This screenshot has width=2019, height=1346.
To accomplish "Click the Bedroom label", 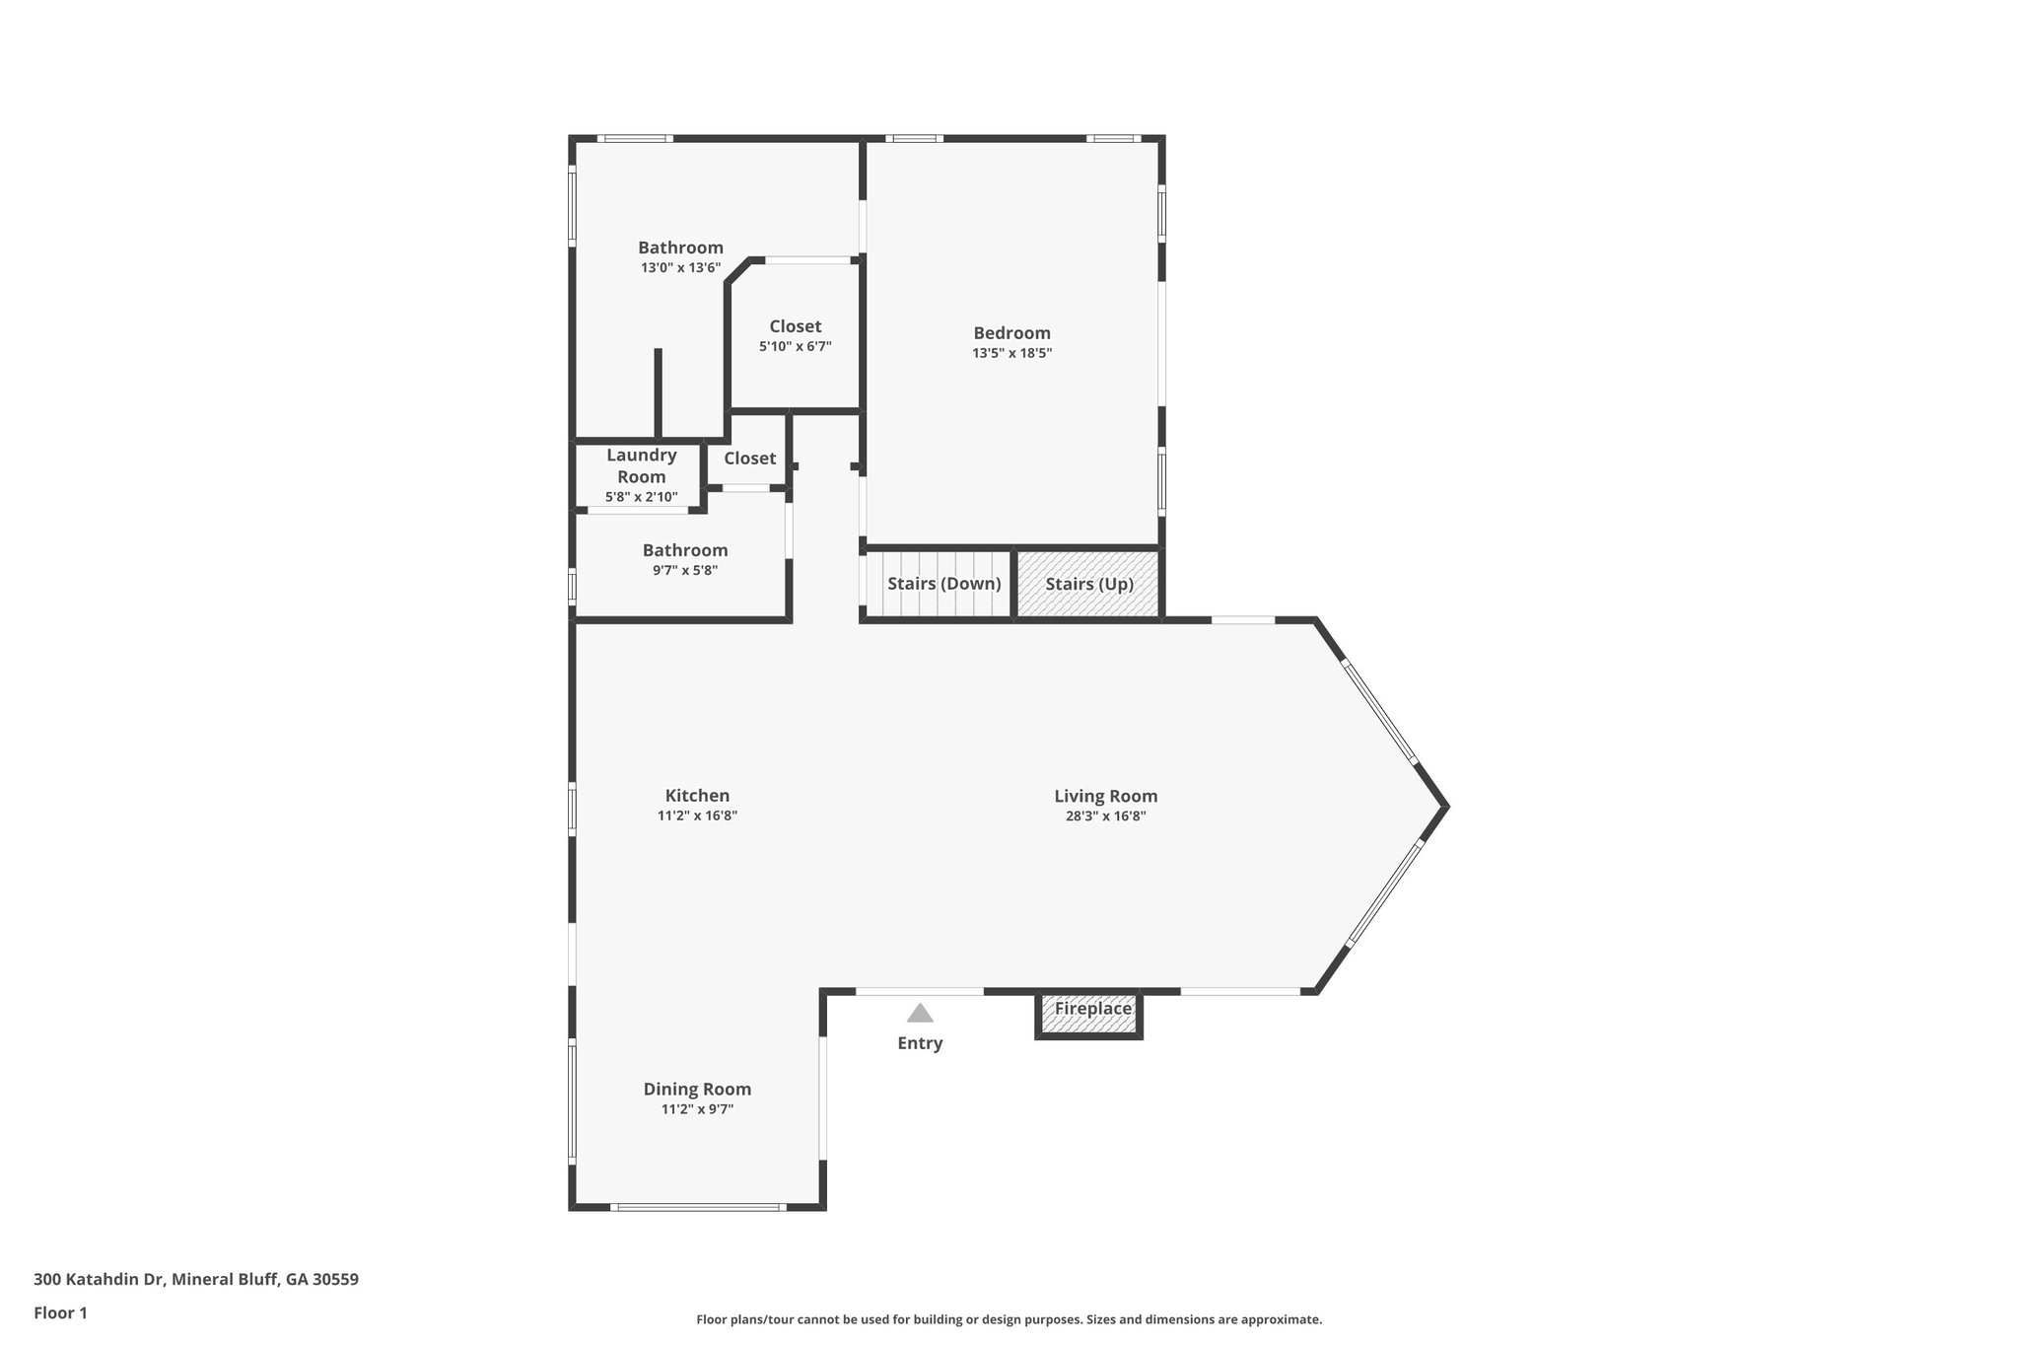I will click(x=1011, y=333).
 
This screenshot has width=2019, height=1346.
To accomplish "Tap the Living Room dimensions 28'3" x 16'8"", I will click(x=1105, y=816).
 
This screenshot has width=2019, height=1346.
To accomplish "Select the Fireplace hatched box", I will click(x=1088, y=1015).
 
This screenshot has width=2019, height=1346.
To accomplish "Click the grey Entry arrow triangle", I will click(x=920, y=1014).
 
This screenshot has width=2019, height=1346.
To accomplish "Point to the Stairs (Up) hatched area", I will click(x=1088, y=584).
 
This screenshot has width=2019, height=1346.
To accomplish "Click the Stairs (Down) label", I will click(x=943, y=584).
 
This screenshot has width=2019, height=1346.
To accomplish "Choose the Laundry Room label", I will click(x=641, y=465).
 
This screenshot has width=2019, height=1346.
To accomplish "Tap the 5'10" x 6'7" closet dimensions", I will click(x=795, y=347).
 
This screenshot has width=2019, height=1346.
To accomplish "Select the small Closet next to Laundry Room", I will click(x=749, y=459).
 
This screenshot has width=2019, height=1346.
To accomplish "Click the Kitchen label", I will click(x=697, y=796).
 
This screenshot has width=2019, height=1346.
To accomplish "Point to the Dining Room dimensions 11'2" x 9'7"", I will click(x=697, y=1109).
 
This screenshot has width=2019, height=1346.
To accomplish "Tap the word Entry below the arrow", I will click(x=920, y=1043).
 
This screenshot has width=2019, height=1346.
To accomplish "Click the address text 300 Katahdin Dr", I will click(x=196, y=1280).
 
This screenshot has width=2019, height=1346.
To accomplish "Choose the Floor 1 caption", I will click(x=60, y=1312).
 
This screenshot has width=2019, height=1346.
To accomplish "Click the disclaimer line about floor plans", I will click(x=1009, y=1319).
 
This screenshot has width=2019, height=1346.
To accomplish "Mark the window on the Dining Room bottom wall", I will click(x=697, y=1207).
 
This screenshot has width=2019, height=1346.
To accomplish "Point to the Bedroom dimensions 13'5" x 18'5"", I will click(x=1011, y=353).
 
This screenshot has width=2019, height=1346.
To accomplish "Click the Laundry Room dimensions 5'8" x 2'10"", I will click(x=641, y=497).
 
